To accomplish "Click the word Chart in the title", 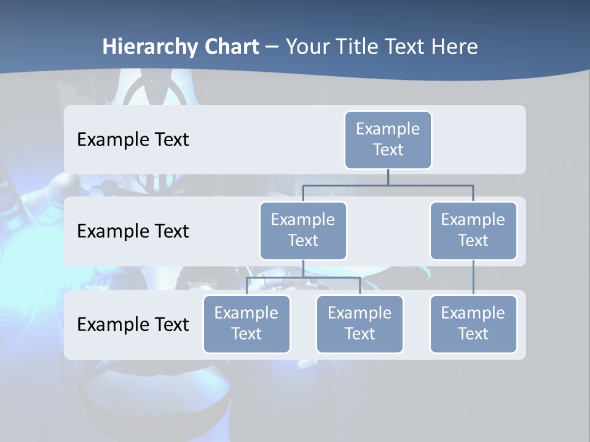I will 229,47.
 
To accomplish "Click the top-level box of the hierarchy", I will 388,140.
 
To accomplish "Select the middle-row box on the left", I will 303,231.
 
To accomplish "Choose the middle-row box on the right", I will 473,231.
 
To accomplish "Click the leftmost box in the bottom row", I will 246,324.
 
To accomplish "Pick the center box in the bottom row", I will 360,324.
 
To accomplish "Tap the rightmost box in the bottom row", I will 473,324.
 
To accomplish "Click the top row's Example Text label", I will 133,140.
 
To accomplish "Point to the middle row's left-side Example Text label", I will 133,231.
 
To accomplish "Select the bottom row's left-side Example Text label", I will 133,325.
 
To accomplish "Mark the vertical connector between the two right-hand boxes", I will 473,277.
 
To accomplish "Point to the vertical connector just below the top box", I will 388,177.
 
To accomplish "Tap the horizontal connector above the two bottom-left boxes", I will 303,277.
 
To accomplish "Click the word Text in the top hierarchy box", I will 388,150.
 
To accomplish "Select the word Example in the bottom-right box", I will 473,313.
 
